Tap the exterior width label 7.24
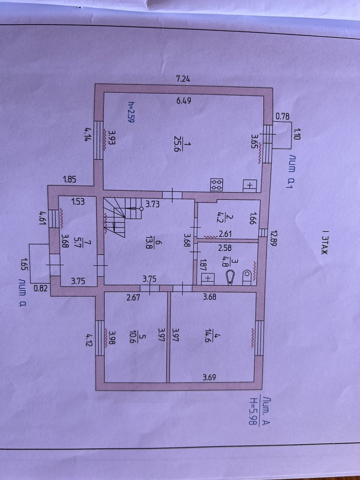tap(183, 79)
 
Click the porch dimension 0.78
tap(282, 116)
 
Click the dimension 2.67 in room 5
tap(133, 298)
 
